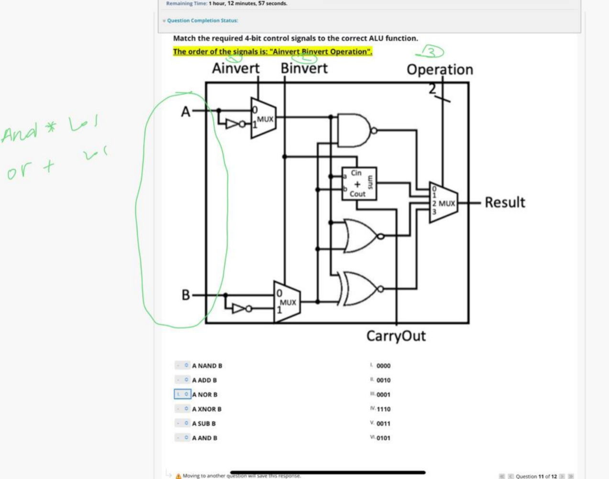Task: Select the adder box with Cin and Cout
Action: [x=359, y=183]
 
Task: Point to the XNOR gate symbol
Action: [x=359, y=289]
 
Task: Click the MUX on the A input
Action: [x=263, y=118]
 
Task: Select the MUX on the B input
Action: [x=287, y=302]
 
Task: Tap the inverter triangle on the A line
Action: [x=233, y=124]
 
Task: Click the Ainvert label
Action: [x=236, y=68]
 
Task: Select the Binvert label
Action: [x=304, y=68]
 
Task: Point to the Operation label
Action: [x=440, y=70]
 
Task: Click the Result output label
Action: [x=505, y=202]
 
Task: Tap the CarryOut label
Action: [x=396, y=336]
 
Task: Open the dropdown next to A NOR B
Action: [x=182, y=394]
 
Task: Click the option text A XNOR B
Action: [x=207, y=409]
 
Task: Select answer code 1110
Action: [x=383, y=409]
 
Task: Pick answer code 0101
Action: [x=383, y=438]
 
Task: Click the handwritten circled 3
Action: [x=432, y=51]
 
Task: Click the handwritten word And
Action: [x=19, y=132]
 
